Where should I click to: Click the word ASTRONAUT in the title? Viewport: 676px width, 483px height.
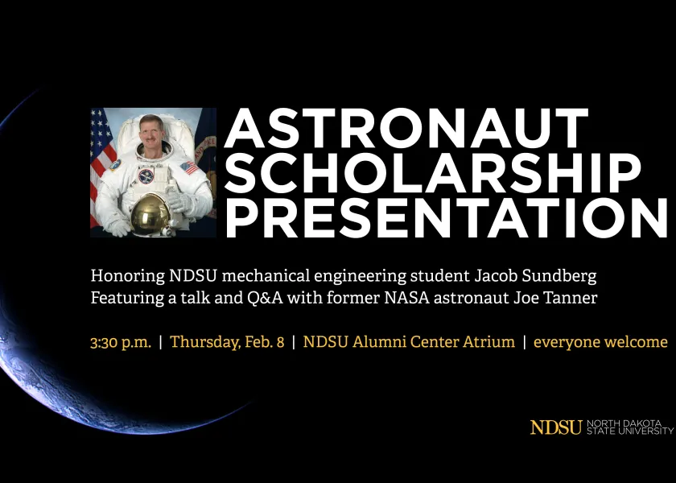pyautogui.click(x=406, y=130)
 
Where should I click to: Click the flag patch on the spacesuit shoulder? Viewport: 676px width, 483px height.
pyautogui.click(x=188, y=167)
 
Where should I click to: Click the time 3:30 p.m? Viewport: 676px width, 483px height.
pyautogui.click(x=121, y=342)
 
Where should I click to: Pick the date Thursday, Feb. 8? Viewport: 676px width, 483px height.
pyautogui.click(x=227, y=342)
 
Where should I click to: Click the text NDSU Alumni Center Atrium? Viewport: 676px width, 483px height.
pyautogui.click(x=409, y=342)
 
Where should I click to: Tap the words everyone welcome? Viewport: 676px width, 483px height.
pyautogui.click(x=600, y=342)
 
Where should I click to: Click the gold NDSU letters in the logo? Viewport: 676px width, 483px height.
pyautogui.click(x=555, y=427)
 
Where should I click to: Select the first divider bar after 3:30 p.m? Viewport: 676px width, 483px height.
pyautogui.click(x=161, y=342)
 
